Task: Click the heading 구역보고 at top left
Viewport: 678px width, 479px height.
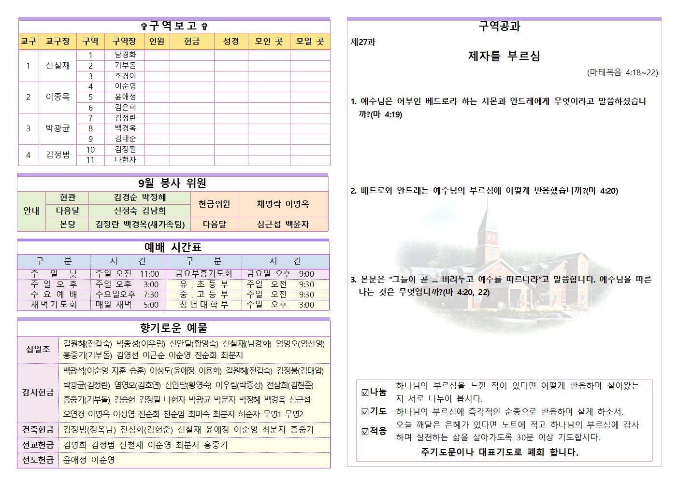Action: pos(174,26)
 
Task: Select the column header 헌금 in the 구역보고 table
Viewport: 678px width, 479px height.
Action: pos(192,42)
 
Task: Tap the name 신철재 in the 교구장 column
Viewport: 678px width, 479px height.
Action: pos(58,66)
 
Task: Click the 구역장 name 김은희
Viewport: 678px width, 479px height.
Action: pos(125,108)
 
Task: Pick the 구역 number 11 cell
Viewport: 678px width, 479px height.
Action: pos(90,160)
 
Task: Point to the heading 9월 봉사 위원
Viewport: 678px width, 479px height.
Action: pos(172,183)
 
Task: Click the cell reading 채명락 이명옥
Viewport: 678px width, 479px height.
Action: pos(283,204)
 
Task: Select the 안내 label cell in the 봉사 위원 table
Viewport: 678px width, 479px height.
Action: pos(31,211)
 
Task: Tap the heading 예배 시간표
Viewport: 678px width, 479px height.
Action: pos(173,247)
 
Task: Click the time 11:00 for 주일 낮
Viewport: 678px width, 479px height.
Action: pos(149,274)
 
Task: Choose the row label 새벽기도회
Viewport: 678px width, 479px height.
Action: pos(54,305)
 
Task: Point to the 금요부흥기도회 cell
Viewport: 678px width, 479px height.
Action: pos(203,274)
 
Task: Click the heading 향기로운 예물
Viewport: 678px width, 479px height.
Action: pos(173,328)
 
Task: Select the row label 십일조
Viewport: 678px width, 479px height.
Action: pos(38,349)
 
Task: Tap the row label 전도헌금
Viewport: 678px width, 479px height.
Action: pos(38,460)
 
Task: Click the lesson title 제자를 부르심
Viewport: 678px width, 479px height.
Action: pos(504,56)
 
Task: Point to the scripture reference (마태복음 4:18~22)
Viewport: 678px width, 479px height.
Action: pos(622,72)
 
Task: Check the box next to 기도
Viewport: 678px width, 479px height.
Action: pos(365,412)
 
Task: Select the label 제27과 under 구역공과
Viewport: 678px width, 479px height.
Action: pos(363,42)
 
